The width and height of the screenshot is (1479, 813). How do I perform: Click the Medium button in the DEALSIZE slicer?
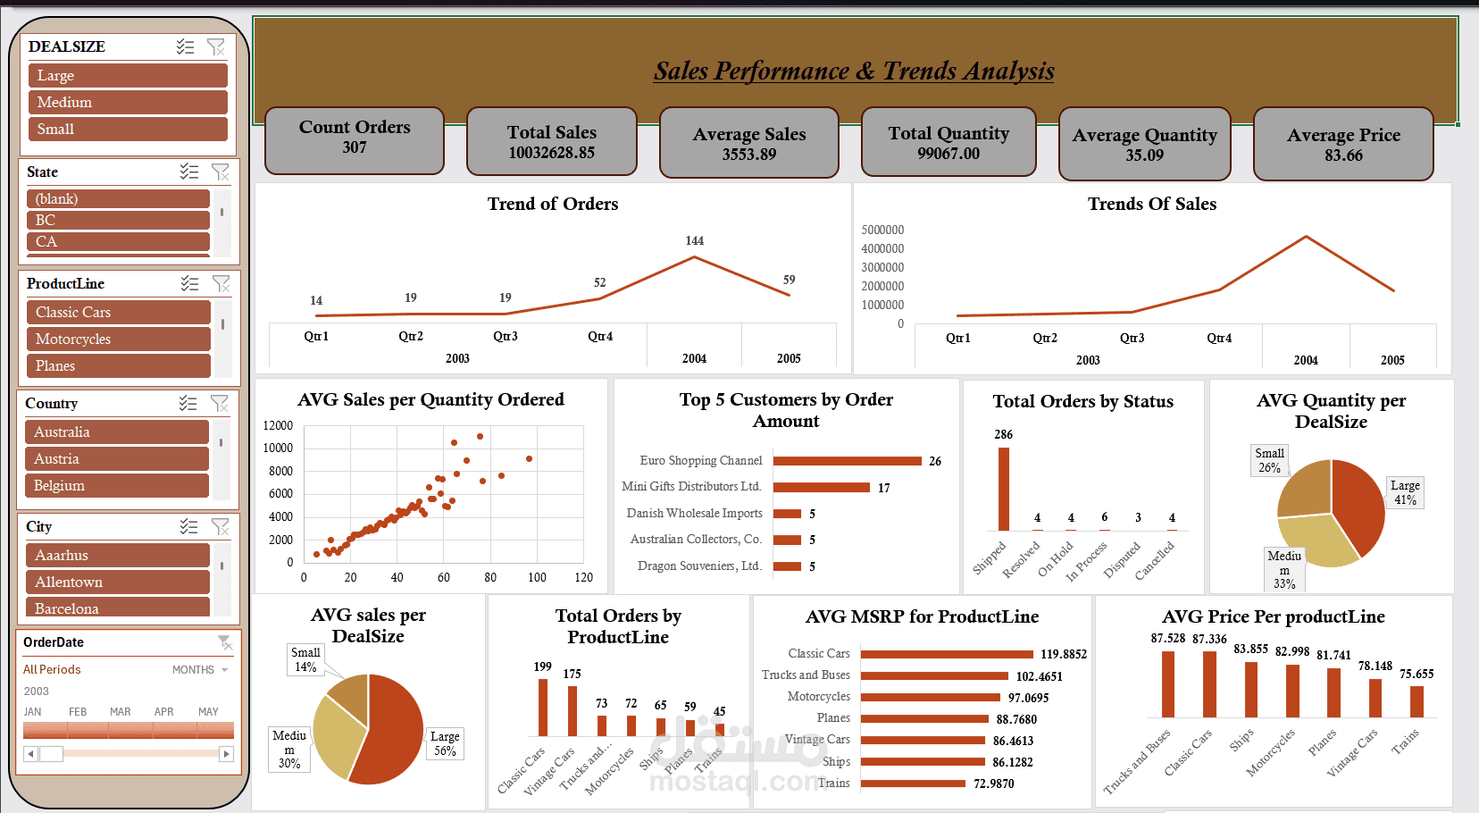pyautogui.click(x=128, y=103)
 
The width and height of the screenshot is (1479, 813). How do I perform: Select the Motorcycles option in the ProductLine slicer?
pyautogui.click(x=118, y=339)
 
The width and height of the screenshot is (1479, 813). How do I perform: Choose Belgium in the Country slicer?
pyautogui.click(x=116, y=486)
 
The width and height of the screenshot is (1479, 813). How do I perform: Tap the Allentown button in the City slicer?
pyautogui.click(x=117, y=583)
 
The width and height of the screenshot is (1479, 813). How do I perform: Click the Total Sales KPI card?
pyautogui.click(x=551, y=142)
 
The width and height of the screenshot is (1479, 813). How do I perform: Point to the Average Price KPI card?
pyautogui.click(x=1342, y=145)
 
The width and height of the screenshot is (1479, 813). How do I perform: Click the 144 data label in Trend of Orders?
pyautogui.click(x=695, y=241)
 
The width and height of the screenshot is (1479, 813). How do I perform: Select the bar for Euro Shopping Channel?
pyautogui.click(x=847, y=461)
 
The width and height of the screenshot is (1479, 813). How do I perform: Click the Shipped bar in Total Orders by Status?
pyautogui.click(x=1004, y=489)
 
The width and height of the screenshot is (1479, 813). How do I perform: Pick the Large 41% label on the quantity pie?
pyautogui.click(x=1405, y=492)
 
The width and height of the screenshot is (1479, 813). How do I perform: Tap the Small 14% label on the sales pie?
pyautogui.click(x=305, y=659)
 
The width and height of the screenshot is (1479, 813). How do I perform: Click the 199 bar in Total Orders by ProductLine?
pyautogui.click(x=543, y=708)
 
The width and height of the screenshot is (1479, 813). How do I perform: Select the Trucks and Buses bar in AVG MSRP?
pyautogui.click(x=934, y=676)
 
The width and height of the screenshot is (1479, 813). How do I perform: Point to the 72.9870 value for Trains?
pyautogui.click(x=994, y=784)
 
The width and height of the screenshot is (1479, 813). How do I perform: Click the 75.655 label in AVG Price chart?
pyautogui.click(x=1416, y=675)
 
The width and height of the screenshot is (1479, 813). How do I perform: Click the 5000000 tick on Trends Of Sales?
pyautogui.click(x=882, y=230)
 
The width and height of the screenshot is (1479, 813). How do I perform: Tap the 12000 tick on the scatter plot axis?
pyautogui.click(x=278, y=426)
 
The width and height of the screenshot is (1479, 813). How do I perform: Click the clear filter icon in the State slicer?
pyautogui.click(x=220, y=172)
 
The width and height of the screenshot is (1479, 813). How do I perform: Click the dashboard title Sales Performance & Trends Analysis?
pyautogui.click(x=854, y=71)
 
